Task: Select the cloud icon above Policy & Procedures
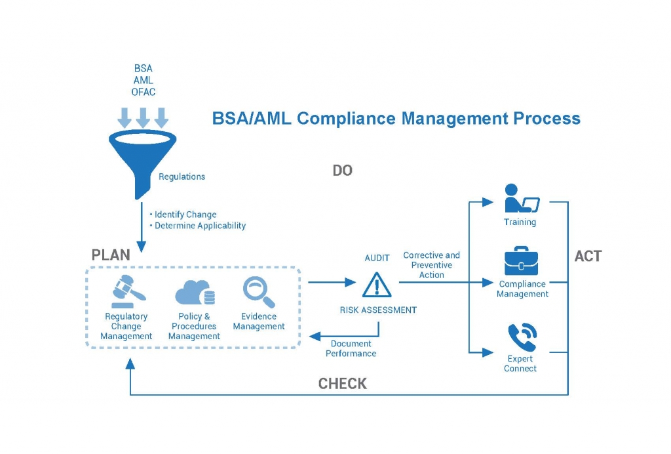195,292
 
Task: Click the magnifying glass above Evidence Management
259,292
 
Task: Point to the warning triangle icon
377,285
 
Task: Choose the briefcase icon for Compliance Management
521,261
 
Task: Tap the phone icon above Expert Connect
522,337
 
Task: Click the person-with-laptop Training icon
521,198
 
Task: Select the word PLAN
111,255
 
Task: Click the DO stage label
342,171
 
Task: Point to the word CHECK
342,383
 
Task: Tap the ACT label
588,256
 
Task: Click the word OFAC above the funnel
144,92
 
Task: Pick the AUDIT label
377,258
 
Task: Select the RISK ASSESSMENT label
378,310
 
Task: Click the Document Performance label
351,348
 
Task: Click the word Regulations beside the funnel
182,176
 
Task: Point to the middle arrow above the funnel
143,118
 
